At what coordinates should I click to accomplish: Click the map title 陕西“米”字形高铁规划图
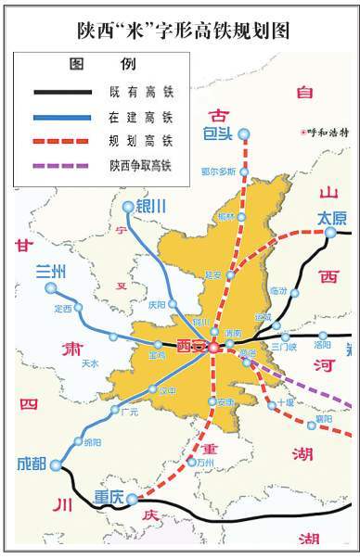pyautogui.click(x=181, y=30)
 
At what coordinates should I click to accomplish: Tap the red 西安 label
pyautogui.click(x=190, y=346)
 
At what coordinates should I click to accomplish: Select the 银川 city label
pyautogui.click(x=150, y=207)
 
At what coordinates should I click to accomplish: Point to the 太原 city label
pyautogui.click(x=331, y=219)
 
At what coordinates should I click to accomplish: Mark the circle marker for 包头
pyautogui.click(x=244, y=134)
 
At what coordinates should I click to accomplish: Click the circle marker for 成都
pyautogui.click(x=56, y=465)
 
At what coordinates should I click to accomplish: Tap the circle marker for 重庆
pyautogui.click(x=132, y=498)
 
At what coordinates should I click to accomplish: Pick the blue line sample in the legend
pyautogui.click(x=62, y=118)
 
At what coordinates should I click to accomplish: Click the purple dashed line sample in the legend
pyautogui.click(x=62, y=165)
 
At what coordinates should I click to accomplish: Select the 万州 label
pyautogui.click(x=205, y=461)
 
